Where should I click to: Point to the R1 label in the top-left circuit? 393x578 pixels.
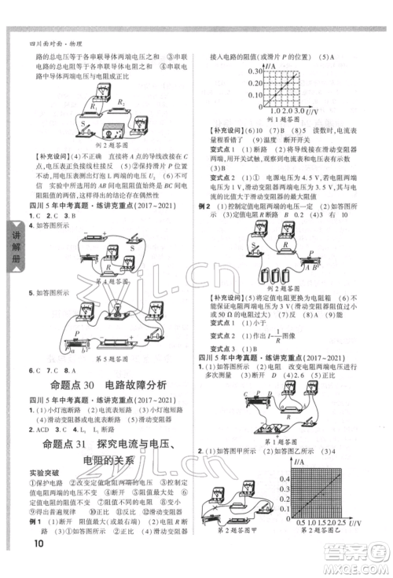[x=92, y=104]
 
